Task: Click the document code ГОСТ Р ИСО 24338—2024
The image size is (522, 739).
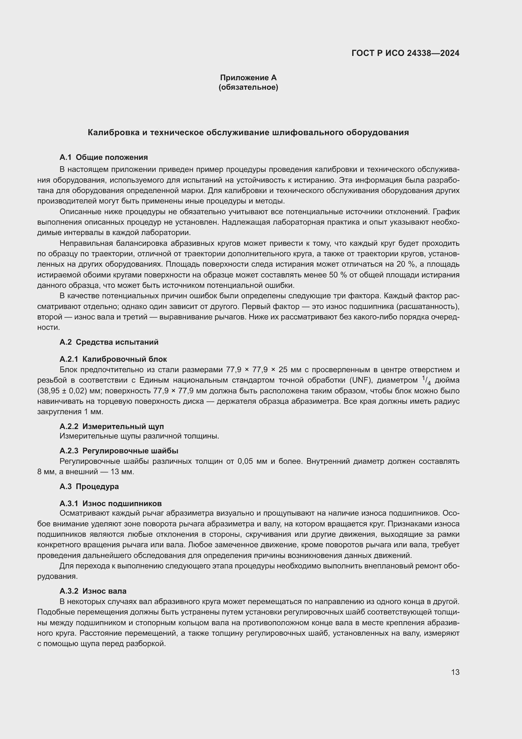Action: pos(405,53)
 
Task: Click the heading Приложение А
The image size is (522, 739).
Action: pos(248,78)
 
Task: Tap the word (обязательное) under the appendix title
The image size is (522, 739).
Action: pos(248,87)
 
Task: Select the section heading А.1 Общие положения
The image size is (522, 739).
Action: pos(104,157)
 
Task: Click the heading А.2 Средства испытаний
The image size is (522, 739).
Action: pos(109,342)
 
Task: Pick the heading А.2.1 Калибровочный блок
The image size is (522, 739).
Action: pos(113,359)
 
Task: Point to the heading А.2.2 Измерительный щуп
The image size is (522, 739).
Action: pos(111,427)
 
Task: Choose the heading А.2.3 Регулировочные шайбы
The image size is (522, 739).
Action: pos(119,451)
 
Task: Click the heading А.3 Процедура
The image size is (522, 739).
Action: pos(89,486)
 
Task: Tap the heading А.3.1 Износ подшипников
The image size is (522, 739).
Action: pos(110,503)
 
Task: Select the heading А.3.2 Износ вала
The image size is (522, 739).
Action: pos(93,591)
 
